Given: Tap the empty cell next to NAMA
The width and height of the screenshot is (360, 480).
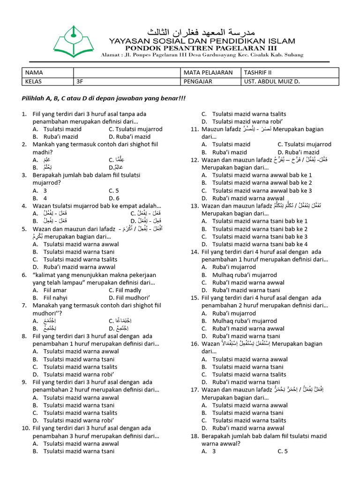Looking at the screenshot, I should pyautogui.click(x=127, y=73).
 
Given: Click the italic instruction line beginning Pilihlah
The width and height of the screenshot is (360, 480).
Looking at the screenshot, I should pyautogui.click(x=104, y=99).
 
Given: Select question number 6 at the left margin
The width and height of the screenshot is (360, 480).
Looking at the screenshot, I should pyautogui.click(x=24, y=275).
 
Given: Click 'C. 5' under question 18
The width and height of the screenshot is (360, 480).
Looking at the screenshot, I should pyautogui.click(x=282, y=451).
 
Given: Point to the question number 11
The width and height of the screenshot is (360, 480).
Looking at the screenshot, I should pyautogui.click(x=195, y=129).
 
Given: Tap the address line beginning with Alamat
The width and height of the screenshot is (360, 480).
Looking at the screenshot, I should pyautogui.click(x=202, y=55).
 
